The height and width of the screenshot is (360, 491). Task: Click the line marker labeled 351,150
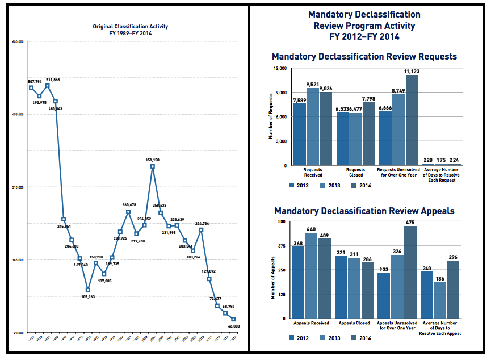click(153, 167)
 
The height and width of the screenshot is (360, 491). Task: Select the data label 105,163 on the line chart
click(88, 297)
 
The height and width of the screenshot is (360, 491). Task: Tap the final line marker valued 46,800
click(233, 319)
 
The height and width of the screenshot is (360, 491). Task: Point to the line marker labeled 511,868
click(47, 86)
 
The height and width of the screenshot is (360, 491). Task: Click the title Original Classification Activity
click(131, 27)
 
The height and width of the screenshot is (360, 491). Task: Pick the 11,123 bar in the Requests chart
click(412, 120)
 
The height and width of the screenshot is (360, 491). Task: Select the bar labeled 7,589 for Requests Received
click(299, 134)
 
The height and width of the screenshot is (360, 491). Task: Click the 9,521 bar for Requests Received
click(313, 127)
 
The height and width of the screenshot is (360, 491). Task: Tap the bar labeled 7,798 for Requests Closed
click(368, 133)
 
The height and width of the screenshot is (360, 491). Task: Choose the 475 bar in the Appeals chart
click(410, 272)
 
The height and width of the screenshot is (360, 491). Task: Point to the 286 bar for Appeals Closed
click(368, 290)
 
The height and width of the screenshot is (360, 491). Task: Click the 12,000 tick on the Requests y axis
click(280, 69)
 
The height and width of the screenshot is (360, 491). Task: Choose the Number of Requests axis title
click(271, 117)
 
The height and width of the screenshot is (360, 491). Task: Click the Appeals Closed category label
click(354, 323)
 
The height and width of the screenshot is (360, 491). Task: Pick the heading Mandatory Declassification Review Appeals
click(364, 211)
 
